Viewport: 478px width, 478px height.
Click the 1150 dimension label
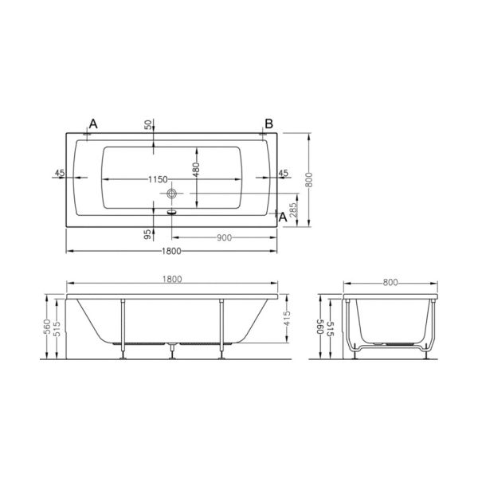[158, 179]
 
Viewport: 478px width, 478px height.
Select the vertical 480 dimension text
[196, 170]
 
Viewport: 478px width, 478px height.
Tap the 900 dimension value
[224, 237]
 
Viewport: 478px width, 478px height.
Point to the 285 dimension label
[293, 210]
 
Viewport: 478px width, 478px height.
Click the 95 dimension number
[147, 234]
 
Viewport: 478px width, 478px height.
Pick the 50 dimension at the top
[148, 125]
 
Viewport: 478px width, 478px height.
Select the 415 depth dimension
[287, 318]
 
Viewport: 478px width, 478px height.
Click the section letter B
[269, 124]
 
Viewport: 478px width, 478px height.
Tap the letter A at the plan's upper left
[93, 124]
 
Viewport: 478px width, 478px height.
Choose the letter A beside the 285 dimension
[283, 217]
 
